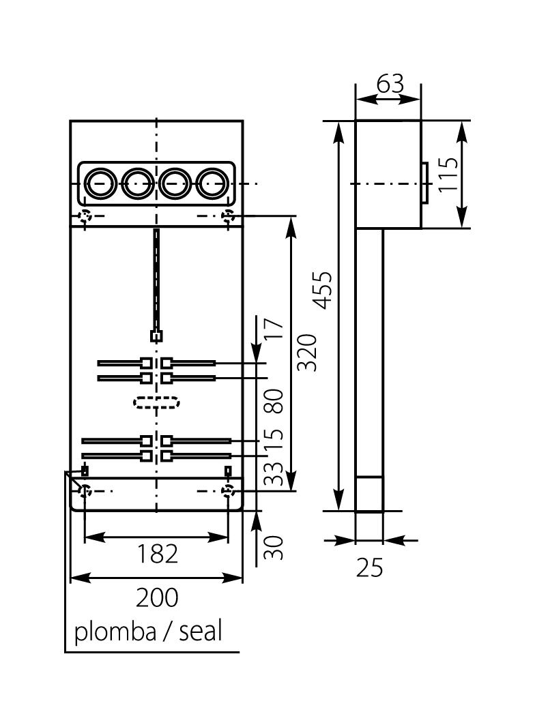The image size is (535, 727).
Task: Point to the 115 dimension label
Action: coord(449,175)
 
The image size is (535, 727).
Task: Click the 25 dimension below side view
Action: coord(370,567)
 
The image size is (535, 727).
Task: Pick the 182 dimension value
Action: coord(156,554)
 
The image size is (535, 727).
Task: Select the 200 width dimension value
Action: coord(156,597)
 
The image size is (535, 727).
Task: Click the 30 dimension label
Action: coord(273,547)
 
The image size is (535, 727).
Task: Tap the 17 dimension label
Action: coord(273,329)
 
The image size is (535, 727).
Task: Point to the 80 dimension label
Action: coord(273,400)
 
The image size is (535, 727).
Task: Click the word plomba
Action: coord(115,632)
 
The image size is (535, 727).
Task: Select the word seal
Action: coord(201,632)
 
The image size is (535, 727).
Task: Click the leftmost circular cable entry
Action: coord(100,183)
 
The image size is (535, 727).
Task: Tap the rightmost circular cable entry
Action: coord(212,183)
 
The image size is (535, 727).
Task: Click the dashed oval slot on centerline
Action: coord(156,402)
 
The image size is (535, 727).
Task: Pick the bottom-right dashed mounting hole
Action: coord(228,491)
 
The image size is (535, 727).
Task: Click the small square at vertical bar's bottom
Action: coord(156,336)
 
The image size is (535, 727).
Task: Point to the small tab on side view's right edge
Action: coord(424,183)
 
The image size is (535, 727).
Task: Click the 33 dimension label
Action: coord(273,473)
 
